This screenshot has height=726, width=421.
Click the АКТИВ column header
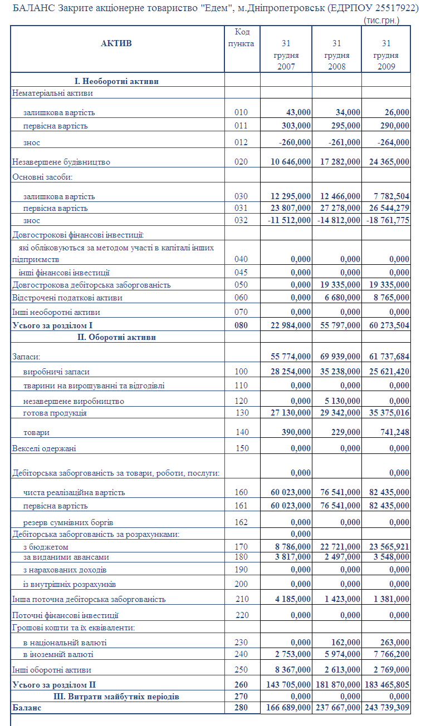[116, 43]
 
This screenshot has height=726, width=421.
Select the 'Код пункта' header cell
[242, 38]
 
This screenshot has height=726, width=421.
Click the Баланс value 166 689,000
[286, 708]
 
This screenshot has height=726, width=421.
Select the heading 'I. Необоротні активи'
[116, 81]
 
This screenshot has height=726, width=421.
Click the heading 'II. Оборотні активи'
[116, 337]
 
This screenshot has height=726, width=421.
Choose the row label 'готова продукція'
[55, 413]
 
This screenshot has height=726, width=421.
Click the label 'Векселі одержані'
[44, 448]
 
